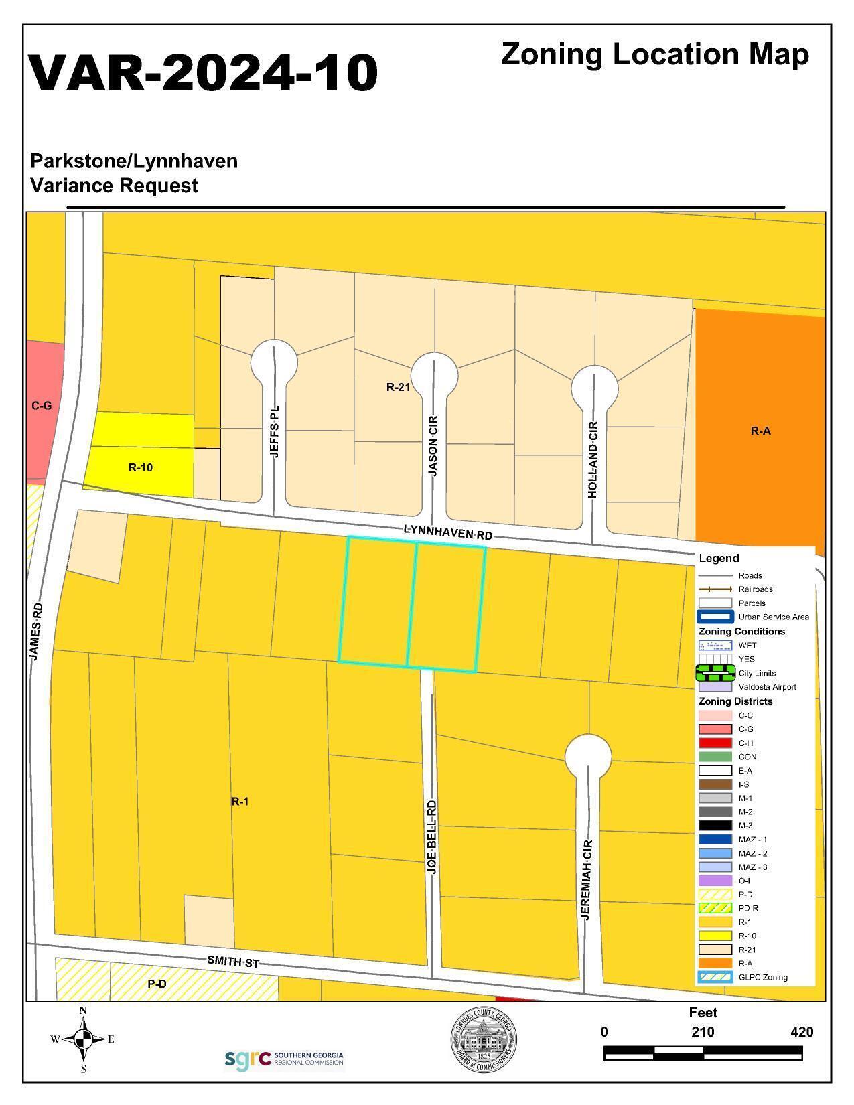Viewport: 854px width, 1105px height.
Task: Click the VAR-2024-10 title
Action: pos(204,72)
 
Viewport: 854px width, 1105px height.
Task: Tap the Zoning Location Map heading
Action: pos(654,54)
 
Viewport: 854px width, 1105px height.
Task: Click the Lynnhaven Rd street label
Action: pos(447,533)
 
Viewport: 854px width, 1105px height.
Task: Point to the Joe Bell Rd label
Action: pos(432,836)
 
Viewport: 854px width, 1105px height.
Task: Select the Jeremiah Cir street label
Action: pos(586,880)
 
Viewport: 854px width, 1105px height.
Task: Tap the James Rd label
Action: pos(36,632)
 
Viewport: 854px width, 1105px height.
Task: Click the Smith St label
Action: pos(232,962)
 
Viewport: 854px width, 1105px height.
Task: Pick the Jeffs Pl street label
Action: pos(275,431)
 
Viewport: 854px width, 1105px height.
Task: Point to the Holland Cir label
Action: pos(593,459)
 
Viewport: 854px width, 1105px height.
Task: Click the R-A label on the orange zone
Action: pos(760,431)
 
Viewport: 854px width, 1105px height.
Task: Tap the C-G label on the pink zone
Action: pos(42,406)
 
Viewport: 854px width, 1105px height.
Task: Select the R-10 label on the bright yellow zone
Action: pos(141,467)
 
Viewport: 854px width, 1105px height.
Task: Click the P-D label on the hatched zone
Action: pos(157,984)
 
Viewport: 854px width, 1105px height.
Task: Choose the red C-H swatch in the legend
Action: pos(715,743)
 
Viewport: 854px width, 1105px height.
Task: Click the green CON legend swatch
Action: pos(715,757)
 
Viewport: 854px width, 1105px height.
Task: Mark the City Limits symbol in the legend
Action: pos(715,672)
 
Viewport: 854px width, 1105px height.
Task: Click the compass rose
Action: pos(83,1039)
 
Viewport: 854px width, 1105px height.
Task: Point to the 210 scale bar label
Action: pos(703,1032)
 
